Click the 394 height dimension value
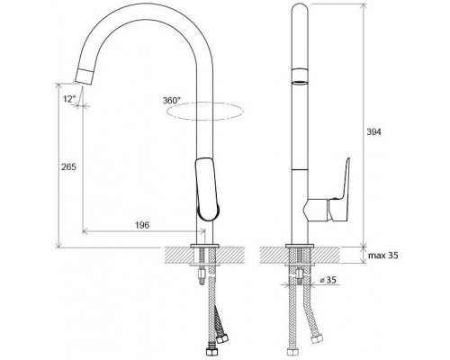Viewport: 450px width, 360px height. click(373, 131)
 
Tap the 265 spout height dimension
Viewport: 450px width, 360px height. click(68, 166)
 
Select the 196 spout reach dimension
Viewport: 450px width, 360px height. click(142, 225)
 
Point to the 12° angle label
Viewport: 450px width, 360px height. click(70, 99)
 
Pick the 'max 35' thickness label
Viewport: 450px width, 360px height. click(383, 256)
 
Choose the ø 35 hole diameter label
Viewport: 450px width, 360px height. click(328, 280)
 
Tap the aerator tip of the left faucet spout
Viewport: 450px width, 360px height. click(85, 76)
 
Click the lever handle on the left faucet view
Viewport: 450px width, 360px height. click(207, 190)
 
